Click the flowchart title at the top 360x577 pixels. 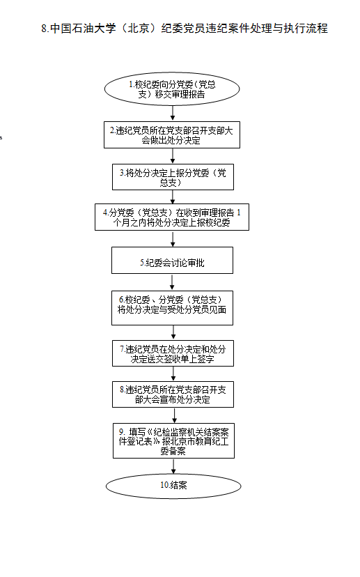[x=185, y=29]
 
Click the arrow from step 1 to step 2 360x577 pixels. [x=173, y=114]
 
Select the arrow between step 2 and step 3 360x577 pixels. [x=173, y=156]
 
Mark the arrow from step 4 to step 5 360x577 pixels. [x=173, y=239]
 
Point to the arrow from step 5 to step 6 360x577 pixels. [x=172, y=282]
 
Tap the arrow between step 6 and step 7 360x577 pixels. [x=173, y=332]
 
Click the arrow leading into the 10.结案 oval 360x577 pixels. [x=173, y=466]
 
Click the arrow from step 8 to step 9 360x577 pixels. [x=174, y=415]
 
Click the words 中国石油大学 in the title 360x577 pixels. [x=83, y=29]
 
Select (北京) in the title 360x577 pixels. [x=139, y=29]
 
